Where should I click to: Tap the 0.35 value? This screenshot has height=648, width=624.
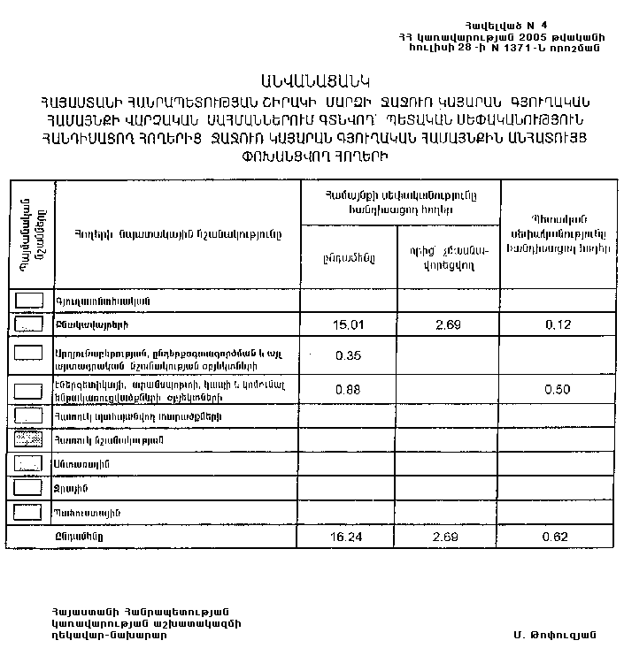click(x=349, y=355)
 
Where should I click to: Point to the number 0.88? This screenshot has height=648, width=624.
click(x=349, y=388)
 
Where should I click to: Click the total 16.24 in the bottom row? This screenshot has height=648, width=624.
click(x=349, y=536)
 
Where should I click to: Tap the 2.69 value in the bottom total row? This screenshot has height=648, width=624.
click(x=447, y=536)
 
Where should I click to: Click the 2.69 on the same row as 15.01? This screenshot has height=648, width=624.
click(x=447, y=324)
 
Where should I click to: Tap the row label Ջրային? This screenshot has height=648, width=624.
click(x=72, y=488)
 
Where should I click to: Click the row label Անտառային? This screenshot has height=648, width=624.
click(x=81, y=463)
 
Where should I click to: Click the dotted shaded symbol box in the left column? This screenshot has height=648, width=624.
click(x=30, y=438)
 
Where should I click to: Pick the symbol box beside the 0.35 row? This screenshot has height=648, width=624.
click(x=30, y=353)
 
